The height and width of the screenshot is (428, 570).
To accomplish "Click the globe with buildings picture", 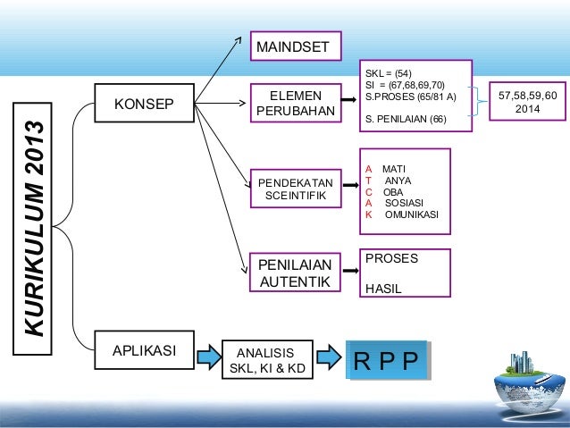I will click(x=529, y=386).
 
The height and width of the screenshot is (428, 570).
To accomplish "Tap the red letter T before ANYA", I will click(x=369, y=180).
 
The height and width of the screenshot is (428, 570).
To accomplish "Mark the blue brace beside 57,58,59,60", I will click(x=484, y=100).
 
